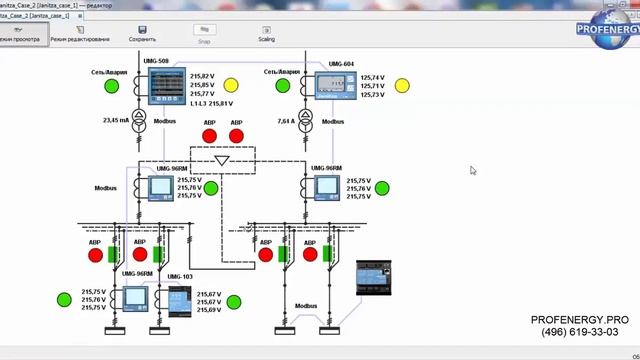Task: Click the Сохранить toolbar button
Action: pos(142,33)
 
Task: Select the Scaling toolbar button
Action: pos(267,33)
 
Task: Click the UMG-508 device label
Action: pos(157,62)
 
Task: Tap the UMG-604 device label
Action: pos(340,64)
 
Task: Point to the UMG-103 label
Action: pos(180,276)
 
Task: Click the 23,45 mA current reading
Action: pos(117,120)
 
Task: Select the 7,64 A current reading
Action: pos(291,120)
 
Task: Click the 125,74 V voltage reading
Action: pos(372,77)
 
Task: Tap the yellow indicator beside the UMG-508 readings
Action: pos(231,85)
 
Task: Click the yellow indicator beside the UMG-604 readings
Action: pos(402,85)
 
